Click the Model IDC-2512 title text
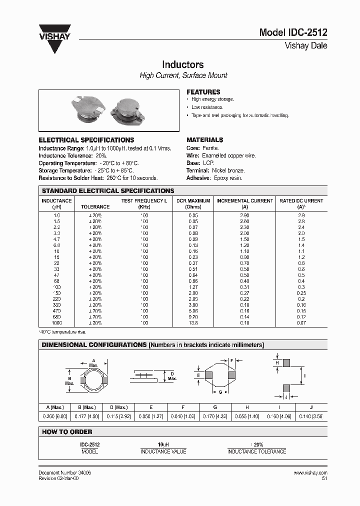293,33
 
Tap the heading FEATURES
203,92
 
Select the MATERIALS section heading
204,140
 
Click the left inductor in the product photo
87,109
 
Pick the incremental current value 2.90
244,215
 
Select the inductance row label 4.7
56,239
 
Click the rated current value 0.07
301,323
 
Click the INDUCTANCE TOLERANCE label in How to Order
256,451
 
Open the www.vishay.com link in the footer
310,472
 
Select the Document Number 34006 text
64,472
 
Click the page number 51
324,478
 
